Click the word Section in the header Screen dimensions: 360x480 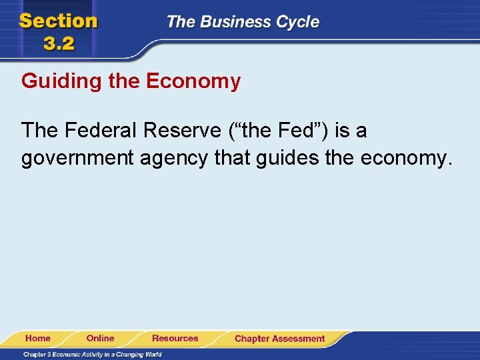tap(59, 21)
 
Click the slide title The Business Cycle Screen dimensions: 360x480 tap(243, 22)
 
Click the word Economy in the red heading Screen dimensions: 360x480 tap(193, 82)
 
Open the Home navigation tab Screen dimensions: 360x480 tap(38, 339)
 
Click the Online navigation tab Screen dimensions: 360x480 tap(101, 339)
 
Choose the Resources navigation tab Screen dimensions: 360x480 tap(175, 339)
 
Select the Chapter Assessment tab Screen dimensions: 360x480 tap(279, 339)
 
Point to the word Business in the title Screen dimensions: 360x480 tap(239, 22)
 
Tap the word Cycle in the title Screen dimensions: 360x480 tap(299, 22)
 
